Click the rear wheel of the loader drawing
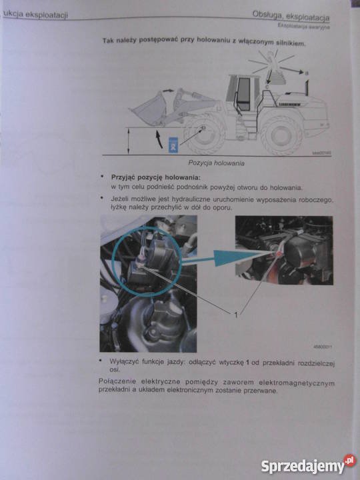click(x=281, y=135)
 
